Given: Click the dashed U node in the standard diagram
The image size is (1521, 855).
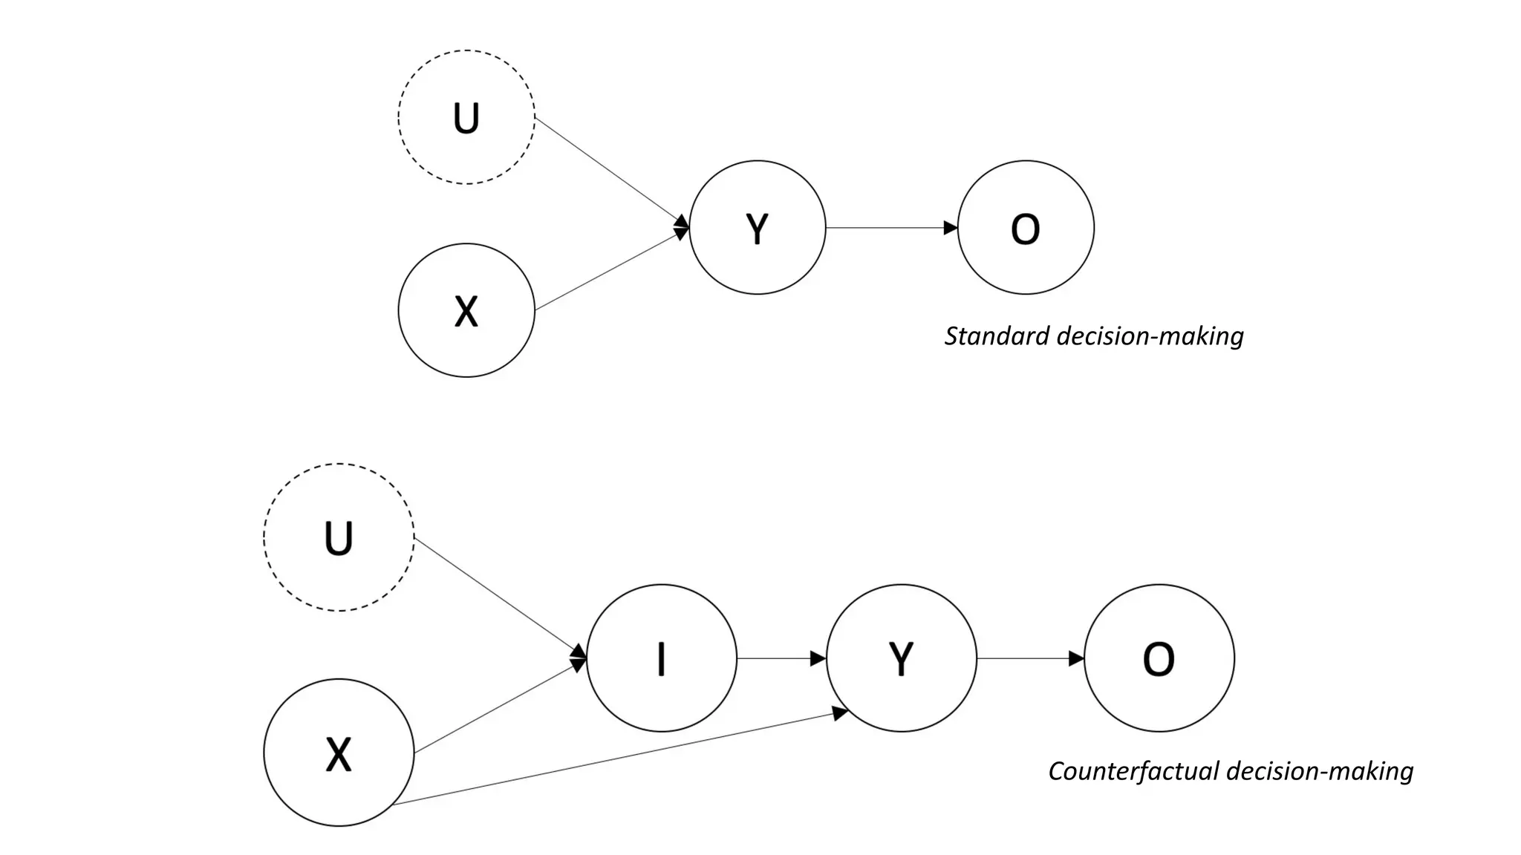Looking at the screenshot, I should tap(466, 117).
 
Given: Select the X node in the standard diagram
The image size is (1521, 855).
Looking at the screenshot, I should tap(466, 310).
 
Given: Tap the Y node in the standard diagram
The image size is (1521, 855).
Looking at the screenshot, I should tap(758, 227).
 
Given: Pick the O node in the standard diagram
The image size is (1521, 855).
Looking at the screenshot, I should tap(1026, 227).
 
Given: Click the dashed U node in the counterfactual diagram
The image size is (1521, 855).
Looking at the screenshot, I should tap(339, 537).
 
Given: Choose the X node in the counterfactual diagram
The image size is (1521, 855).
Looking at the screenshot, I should tap(339, 753).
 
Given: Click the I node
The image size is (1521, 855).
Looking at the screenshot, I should tap(662, 658).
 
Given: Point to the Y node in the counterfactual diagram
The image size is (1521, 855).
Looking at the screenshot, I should tap(902, 658).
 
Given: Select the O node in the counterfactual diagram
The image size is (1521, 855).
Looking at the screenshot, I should tap(1159, 658).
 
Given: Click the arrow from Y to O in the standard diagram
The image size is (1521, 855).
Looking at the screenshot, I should tap(891, 228).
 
